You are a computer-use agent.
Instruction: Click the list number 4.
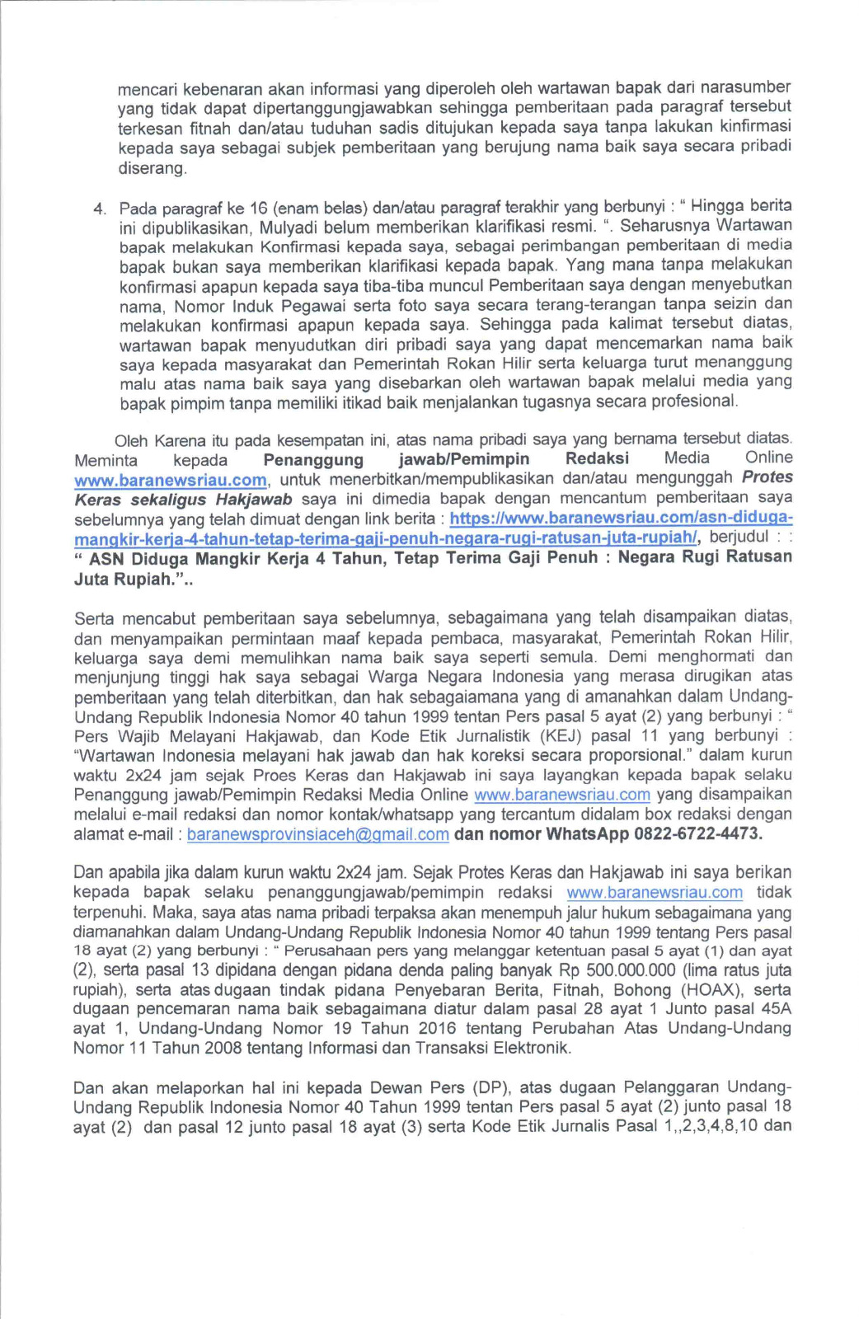point(99,209)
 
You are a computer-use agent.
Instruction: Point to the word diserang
point(153,168)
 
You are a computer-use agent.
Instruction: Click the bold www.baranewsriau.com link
point(171,481)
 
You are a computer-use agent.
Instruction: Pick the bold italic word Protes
point(767,476)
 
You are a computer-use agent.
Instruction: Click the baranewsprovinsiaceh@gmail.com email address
point(318,834)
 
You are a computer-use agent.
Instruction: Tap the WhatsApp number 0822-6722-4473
point(697,833)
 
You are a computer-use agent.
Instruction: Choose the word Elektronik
point(533,1049)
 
